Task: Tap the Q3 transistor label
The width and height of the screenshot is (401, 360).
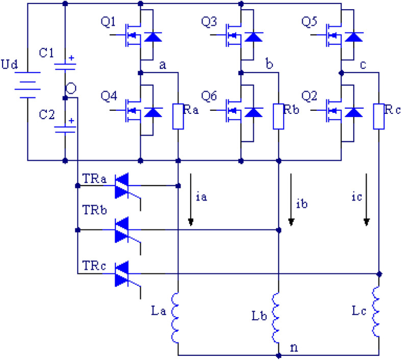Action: click(210, 22)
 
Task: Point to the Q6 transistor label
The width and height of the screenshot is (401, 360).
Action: click(210, 95)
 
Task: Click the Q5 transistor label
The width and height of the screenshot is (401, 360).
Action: click(311, 22)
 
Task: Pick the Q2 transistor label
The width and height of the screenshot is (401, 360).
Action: click(311, 95)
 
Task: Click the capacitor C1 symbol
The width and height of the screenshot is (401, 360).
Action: click(65, 64)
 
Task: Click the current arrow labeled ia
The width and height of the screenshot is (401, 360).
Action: click(191, 199)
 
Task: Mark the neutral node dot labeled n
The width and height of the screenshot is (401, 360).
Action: click(278, 354)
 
